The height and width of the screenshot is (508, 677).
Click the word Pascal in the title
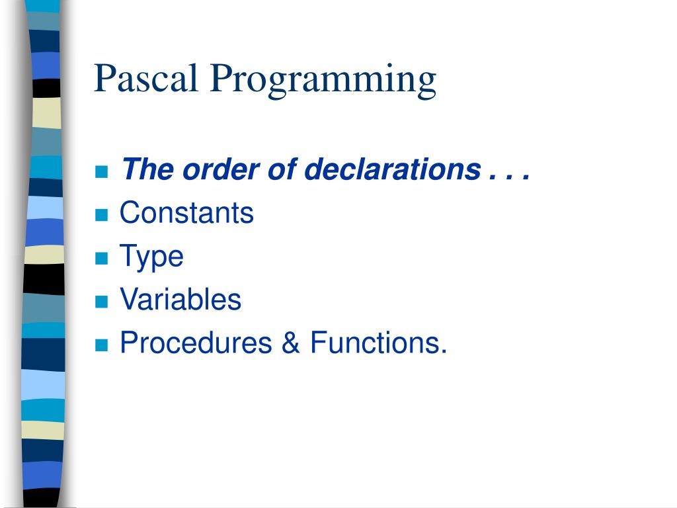tap(147, 78)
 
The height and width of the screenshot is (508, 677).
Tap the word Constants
tap(186, 214)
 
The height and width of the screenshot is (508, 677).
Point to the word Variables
tap(180, 300)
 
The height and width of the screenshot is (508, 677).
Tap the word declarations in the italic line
tap(392, 170)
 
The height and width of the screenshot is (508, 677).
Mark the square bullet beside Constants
tap(101, 215)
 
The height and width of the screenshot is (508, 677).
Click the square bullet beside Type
tap(101, 258)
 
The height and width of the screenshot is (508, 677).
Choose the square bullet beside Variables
tap(101, 302)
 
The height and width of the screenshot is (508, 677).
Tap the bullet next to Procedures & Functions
tap(101, 345)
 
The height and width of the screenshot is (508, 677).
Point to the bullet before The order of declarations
tap(101, 172)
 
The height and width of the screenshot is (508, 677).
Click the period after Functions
tap(444, 351)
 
